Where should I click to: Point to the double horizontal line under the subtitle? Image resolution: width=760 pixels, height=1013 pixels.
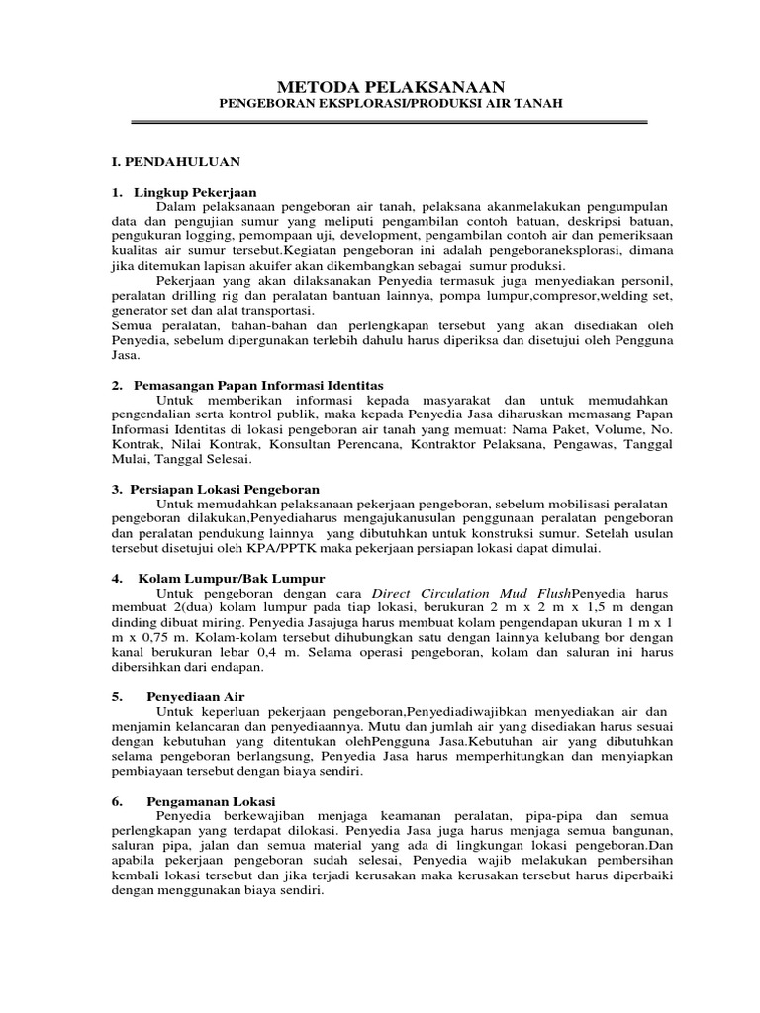[389, 122]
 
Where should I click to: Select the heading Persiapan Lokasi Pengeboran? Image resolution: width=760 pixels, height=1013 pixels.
[228, 489]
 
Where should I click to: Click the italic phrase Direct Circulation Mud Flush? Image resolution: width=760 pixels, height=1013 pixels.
[479, 594]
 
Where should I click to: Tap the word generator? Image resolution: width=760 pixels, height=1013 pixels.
[140, 310]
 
